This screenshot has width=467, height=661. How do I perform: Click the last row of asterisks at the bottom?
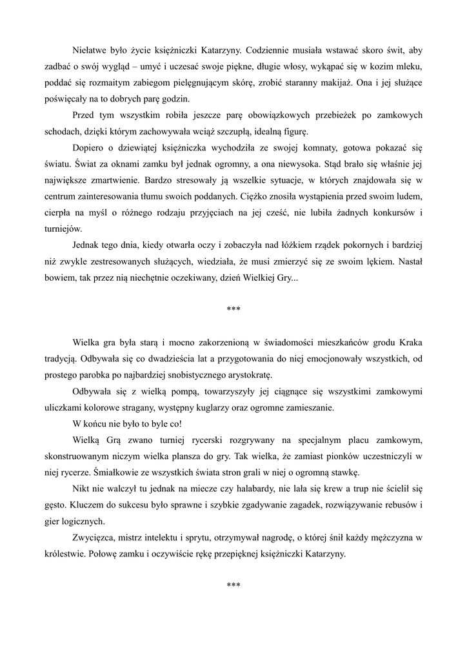234,585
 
